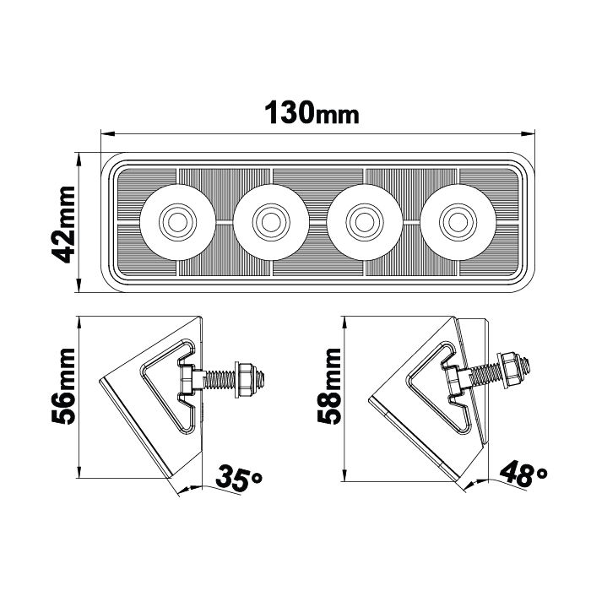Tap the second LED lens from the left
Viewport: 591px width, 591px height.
(270, 221)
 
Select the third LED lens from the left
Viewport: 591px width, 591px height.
(364, 221)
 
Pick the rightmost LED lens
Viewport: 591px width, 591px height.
(458, 221)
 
